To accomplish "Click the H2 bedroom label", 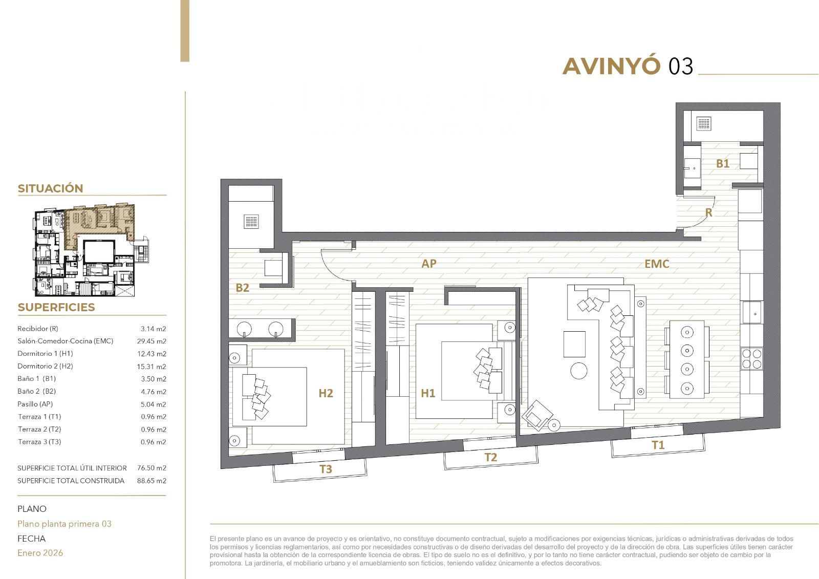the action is pyautogui.click(x=326, y=393).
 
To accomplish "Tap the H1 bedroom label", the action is pyautogui.click(x=428, y=393).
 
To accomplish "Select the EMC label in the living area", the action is pyautogui.click(x=657, y=264).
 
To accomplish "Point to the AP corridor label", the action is pyautogui.click(x=429, y=263).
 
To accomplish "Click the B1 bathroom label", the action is pyautogui.click(x=722, y=163).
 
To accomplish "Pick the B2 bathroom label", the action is pyautogui.click(x=243, y=288).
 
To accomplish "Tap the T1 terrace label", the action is pyautogui.click(x=658, y=445).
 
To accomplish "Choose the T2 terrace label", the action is pyautogui.click(x=491, y=457).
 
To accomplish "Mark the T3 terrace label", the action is pyautogui.click(x=326, y=469).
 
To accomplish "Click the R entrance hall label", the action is pyautogui.click(x=708, y=213).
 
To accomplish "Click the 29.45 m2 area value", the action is pyautogui.click(x=152, y=341).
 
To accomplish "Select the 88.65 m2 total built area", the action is pyautogui.click(x=152, y=481).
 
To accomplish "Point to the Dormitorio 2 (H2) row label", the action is pyautogui.click(x=46, y=366).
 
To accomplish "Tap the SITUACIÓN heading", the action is pyautogui.click(x=51, y=188).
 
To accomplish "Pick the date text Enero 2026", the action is pyautogui.click(x=40, y=553).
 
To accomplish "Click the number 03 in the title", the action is pyautogui.click(x=681, y=66).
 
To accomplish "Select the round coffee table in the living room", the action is pyautogui.click(x=579, y=371).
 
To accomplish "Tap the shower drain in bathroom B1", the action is pyautogui.click(x=703, y=123).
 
